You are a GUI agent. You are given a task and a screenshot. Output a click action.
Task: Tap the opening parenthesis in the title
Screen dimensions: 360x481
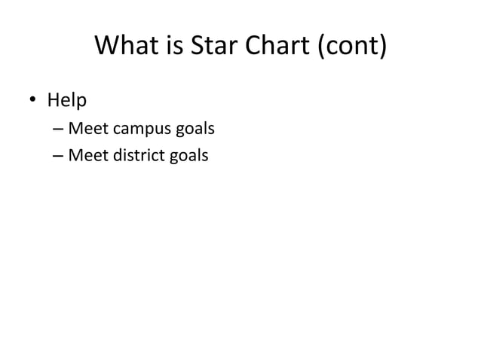[x=323, y=48]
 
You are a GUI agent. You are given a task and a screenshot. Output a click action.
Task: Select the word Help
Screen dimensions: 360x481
[x=67, y=99]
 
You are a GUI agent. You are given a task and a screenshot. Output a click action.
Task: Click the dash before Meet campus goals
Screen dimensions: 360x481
[x=58, y=130]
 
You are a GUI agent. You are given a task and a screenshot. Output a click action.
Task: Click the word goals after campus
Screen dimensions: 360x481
[x=195, y=130]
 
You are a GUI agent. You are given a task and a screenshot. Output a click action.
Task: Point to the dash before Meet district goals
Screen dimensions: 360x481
[x=58, y=157]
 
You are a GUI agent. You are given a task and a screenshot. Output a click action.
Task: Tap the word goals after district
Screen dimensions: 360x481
[x=188, y=157]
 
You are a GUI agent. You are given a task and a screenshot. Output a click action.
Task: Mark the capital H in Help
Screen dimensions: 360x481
[x=54, y=99]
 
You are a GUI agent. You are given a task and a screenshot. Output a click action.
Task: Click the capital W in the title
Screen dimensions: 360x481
[x=110, y=47]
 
